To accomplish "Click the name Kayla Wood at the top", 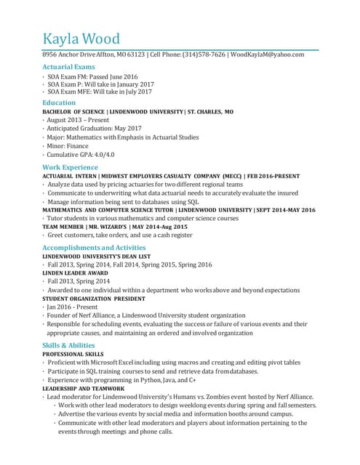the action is point(81,39).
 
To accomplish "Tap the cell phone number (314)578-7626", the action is point(204,54).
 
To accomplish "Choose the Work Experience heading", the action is point(70,167).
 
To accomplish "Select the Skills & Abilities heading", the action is point(68,345).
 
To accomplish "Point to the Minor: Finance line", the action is point(68,145).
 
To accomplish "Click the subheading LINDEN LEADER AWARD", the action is point(76,273).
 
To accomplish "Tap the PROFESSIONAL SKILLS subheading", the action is point(73,354).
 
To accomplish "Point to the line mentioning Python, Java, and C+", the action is point(121,380).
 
